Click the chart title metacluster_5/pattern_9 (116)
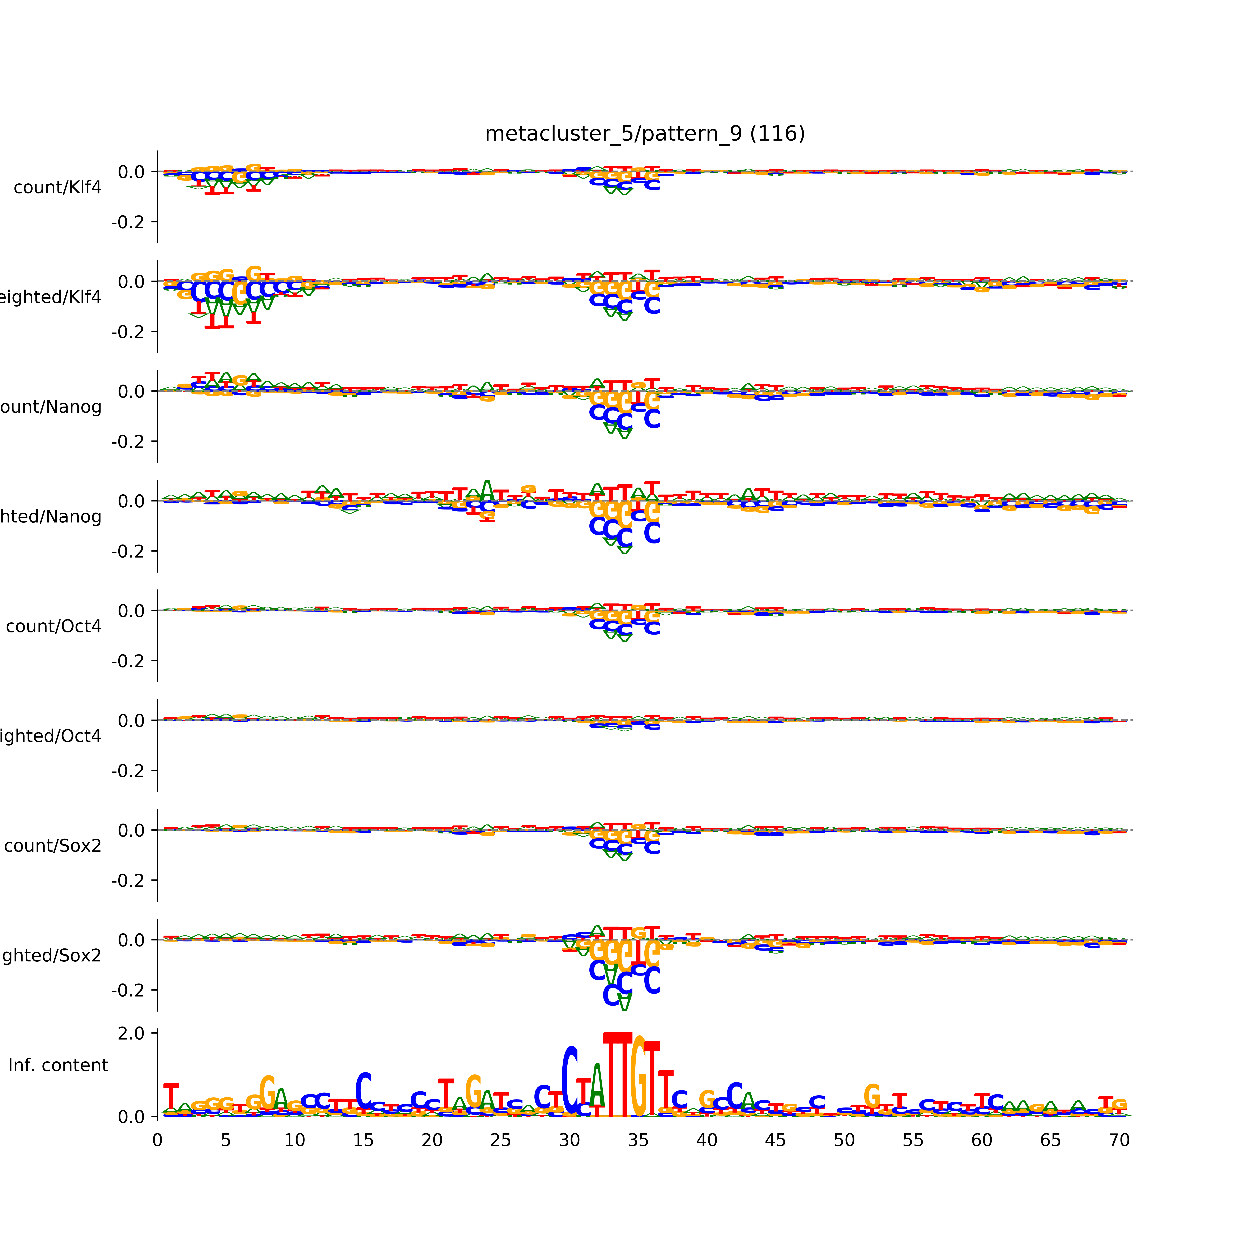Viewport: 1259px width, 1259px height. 644,134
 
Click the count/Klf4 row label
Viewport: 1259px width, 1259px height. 57,188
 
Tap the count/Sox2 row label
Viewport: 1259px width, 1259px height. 53,846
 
